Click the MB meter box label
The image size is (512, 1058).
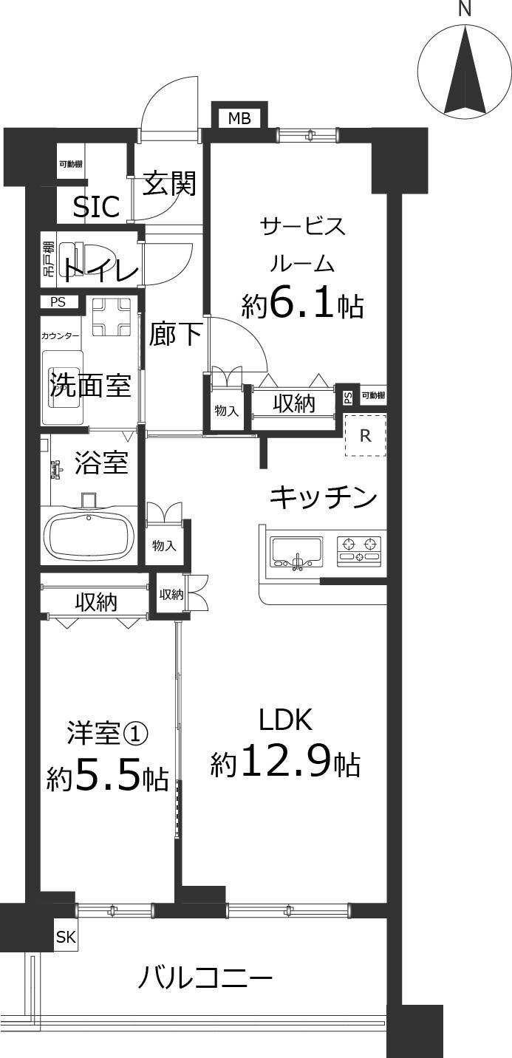click(239, 118)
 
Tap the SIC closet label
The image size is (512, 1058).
click(96, 208)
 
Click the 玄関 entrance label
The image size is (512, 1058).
click(169, 183)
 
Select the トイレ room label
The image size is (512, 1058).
click(100, 271)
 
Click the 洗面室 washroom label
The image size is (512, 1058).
click(90, 385)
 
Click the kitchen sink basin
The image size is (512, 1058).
click(296, 551)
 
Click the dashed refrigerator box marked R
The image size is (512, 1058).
click(365, 435)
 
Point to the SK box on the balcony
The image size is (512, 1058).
click(66, 938)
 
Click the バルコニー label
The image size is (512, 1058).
click(205, 980)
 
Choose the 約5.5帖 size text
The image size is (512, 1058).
click(107, 777)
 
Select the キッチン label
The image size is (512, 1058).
click(323, 497)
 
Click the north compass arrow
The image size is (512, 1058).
click(465, 74)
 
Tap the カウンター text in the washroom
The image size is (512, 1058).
click(61, 336)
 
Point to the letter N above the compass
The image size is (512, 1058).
click(465, 9)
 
